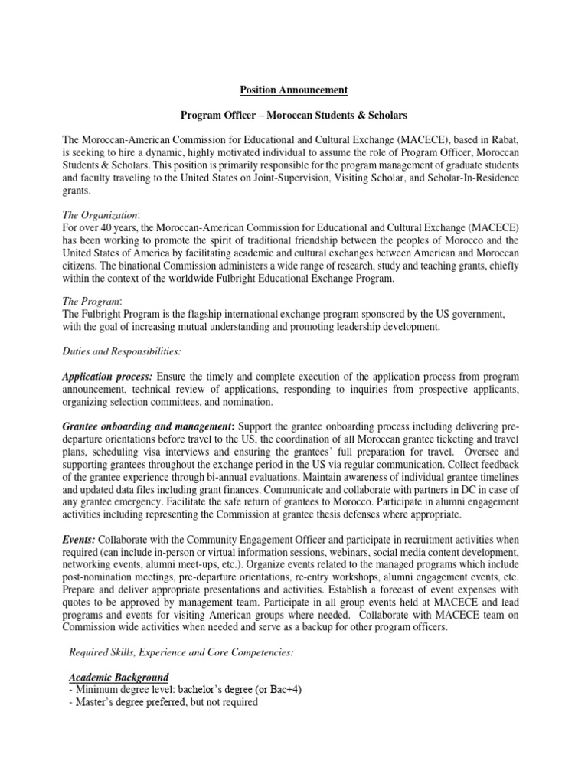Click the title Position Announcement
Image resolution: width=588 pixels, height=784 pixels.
(x=294, y=90)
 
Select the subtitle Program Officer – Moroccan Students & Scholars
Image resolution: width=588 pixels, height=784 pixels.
(x=294, y=115)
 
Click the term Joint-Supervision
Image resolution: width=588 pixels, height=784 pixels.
(x=350, y=178)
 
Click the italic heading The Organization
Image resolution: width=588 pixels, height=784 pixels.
(x=96, y=215)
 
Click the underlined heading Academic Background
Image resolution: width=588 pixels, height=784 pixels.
(x=119, y=677)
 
